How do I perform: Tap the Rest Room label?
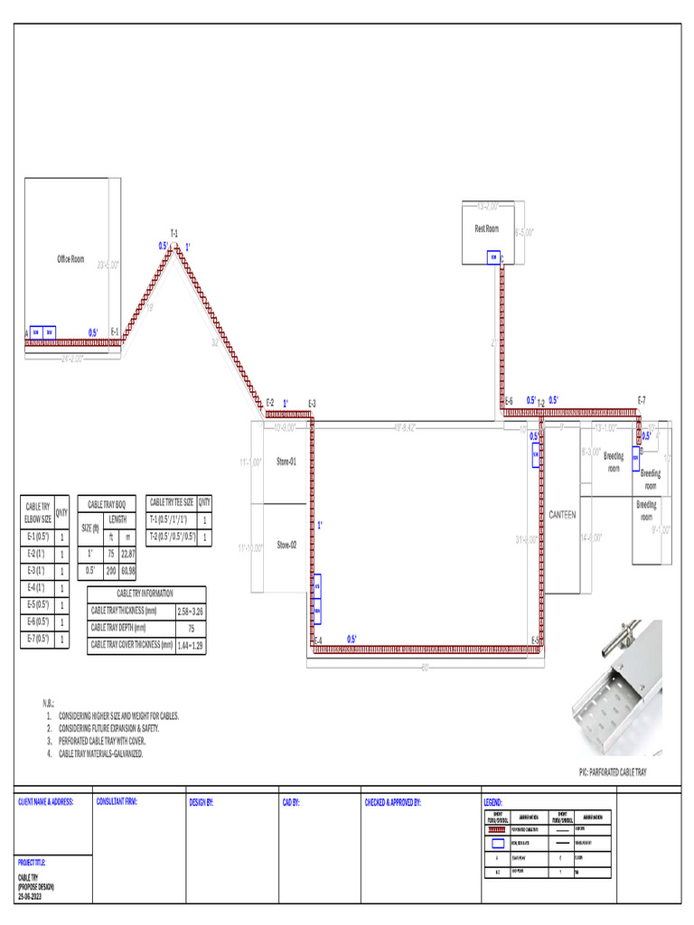(486, 229)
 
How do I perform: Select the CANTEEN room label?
(562, 515)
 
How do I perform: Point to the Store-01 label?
(286, 461)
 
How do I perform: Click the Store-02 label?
(286, 545)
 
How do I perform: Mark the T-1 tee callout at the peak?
(173, 234)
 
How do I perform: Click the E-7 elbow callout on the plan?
(641, 399)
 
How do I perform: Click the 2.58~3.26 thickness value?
(190, 612)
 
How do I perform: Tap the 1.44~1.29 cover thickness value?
(190, 645)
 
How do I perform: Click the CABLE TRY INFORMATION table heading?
(145, 593)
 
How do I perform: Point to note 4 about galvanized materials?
(100, 753)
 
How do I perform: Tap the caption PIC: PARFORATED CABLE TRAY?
(613, 772)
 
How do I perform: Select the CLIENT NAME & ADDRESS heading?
(45, 801)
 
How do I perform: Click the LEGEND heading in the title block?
(493, 801)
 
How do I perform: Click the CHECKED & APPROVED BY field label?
(392, 801)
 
